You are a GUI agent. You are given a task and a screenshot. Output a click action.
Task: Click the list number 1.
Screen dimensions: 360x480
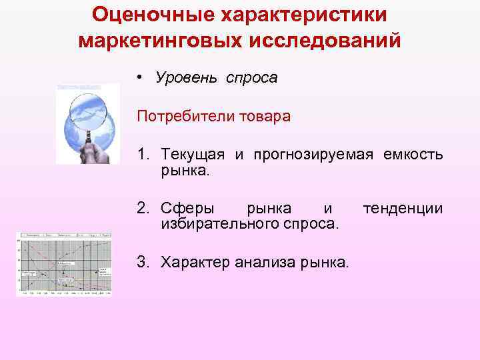tap(143, 155)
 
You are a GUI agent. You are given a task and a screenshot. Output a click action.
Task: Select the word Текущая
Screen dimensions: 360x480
tap(193, 155)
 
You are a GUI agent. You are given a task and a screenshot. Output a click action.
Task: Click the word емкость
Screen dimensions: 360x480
tap(413, 155)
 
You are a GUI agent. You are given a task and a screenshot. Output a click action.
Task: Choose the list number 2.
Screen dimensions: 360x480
tap(143, 209)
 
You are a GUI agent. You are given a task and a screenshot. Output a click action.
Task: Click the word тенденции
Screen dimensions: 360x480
tap(403, 209)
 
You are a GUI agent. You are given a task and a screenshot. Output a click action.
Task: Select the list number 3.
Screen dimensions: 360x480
tap(143, 262)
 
